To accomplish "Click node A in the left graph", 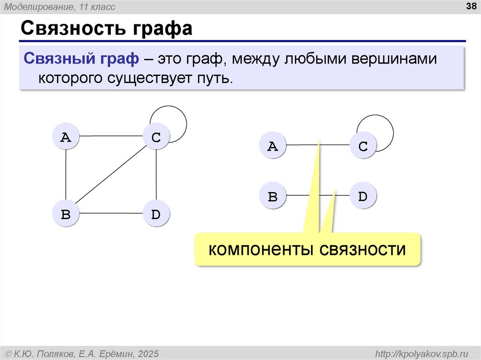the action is click(x=66, y=137).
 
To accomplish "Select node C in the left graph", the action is click(x=156, y=137).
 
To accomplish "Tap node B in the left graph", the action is click(x=66, y=214).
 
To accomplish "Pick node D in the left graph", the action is click(x=156, y=214).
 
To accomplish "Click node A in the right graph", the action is click(x=272, y=146).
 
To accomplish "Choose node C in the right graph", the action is click(x=363, y=146).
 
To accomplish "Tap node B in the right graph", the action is click(x=272, y=196).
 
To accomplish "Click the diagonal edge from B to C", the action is click(x=111, y=176).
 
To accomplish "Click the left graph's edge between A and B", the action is click(x=66, y=176).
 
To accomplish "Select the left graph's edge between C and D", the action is click(x=156, y=176).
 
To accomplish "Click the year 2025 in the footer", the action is click(x=148, y=353).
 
